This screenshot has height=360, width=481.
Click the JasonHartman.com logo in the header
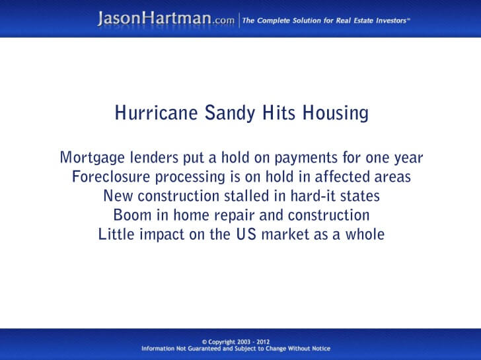[165, 19]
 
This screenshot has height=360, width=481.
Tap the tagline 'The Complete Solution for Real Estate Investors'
[326, 20]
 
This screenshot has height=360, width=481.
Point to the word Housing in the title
[335, 114]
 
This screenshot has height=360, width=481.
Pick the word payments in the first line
[295, 159]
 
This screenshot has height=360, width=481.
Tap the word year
[408, 159]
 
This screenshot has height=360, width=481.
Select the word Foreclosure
[106, 177]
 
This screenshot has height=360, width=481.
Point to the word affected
[347, 177]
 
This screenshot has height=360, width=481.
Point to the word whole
[365, 234]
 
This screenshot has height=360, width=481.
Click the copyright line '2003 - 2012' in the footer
[240, 342]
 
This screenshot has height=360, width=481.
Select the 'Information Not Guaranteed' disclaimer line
[236, 349]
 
